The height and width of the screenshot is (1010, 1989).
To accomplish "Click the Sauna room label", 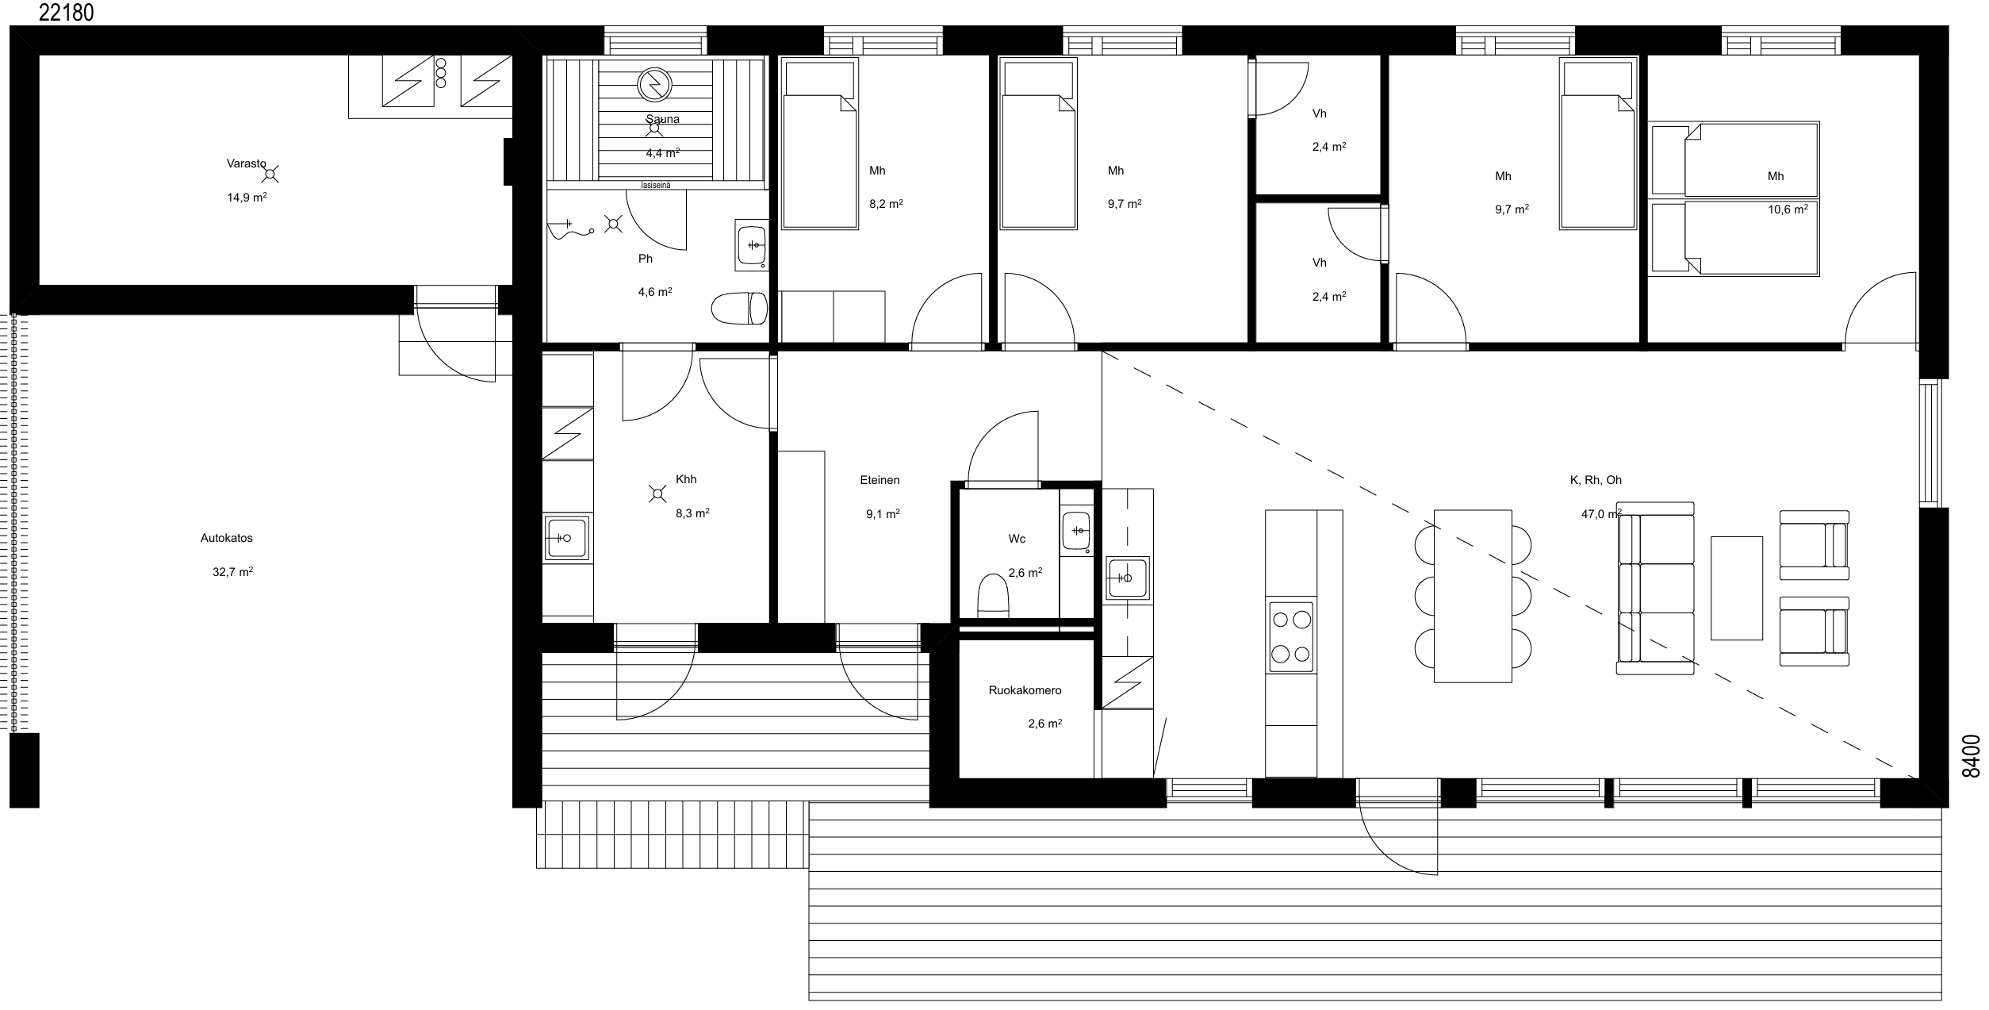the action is pos(662,119).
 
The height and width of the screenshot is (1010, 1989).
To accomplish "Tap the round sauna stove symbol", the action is pos(654,83).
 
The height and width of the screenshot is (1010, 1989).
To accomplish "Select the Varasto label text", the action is pos(246,163).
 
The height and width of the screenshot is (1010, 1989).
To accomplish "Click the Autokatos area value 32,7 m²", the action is pos(232,571).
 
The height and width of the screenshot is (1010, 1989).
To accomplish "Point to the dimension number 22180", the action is pos(66,12).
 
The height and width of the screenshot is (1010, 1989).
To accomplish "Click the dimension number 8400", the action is pos(1971,756).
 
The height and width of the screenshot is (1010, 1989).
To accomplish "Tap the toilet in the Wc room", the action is pos(993,597).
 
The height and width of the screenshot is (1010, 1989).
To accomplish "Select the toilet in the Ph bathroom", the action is pos(740,309).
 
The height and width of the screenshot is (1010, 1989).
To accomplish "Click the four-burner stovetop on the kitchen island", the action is pos(1291,637).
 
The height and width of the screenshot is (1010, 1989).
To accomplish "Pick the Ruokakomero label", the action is pos(1025,690).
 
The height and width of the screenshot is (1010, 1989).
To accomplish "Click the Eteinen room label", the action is pos(880,480).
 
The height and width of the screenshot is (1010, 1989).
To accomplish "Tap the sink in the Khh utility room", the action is pos(566,537).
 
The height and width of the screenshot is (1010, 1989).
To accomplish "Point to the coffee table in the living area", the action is pos(1737,588).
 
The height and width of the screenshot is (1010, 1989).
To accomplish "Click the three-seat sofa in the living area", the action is pos(1655,588).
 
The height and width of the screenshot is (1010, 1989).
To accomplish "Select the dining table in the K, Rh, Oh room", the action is pos(1473,596).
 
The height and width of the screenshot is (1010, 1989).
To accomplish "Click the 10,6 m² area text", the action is pos(1788,209).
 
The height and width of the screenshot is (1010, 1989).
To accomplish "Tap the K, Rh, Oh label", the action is pos(1596,480).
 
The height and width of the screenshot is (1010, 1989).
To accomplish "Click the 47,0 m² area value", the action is pos(1601,514).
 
